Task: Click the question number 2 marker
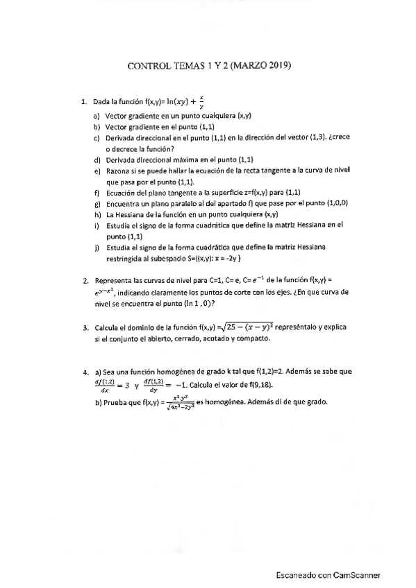click(x=85, y=281)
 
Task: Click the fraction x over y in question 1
click(x=201, y=103)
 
